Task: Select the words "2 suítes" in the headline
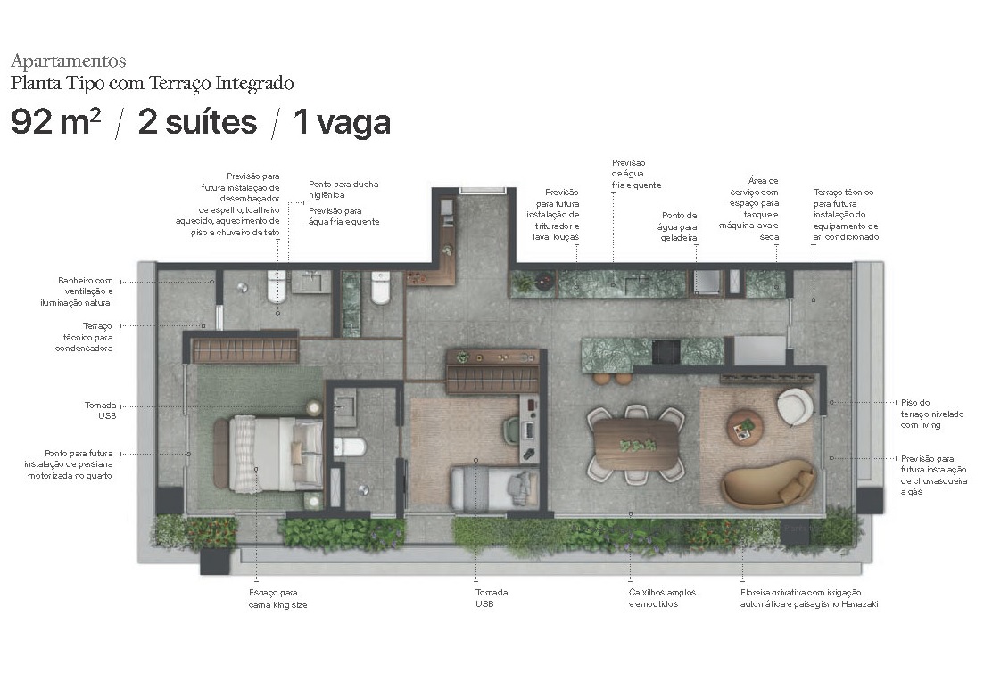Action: pyautogui.click(x=197, y=122)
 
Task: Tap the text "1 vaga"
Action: pyautogui.click(x=342, y=122)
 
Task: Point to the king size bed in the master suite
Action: pyautogui.click(x=268, y=453)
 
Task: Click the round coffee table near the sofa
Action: pyautogui.click(x=744, y=426)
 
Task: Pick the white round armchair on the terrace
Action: pyautogui.click(x=794, y=406)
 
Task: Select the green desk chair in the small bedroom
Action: pyautogui.click(x=512, y=431)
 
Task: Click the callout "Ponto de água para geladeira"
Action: pyautogui.click(x=679, y=226)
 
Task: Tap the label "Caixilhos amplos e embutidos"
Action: pyautogui.click(x=662, y=598)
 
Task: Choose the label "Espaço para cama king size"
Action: pyautogui.click(x=277, y=598)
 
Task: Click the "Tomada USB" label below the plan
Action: pyautogui.click(x=492, y=598)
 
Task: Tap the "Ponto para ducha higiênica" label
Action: pyautogui.click(x=343, y=189)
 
